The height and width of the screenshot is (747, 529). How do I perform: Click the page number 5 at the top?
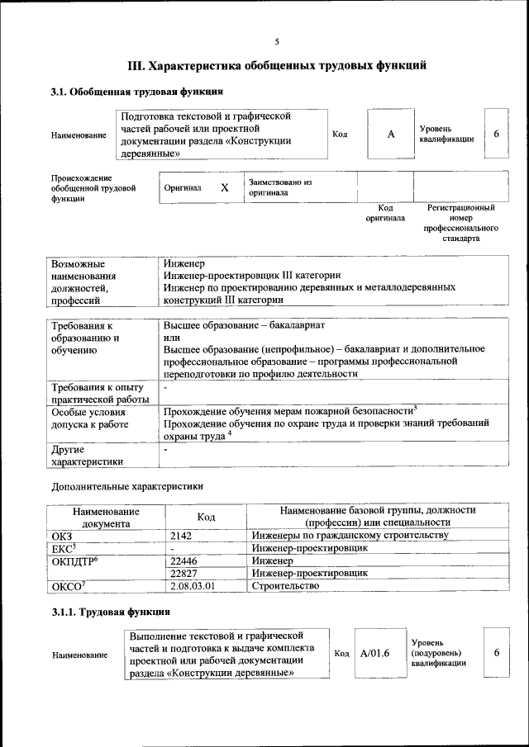coord(277,42)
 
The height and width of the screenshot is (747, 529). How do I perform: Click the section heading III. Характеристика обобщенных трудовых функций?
coord(277,65)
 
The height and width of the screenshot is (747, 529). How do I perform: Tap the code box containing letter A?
coord(391,134)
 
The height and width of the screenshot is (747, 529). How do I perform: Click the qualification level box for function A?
coord(496,134)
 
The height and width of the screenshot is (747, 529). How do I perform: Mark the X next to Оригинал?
coord(224,187)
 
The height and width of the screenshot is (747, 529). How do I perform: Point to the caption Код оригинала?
coord(385,213)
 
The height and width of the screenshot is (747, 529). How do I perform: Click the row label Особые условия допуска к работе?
coord(90,418)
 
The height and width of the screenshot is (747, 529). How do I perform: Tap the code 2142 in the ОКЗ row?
coord(181,535)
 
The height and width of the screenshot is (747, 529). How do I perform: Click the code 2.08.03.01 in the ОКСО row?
coord(193,585)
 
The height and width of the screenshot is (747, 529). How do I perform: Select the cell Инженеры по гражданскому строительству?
coord(350,535)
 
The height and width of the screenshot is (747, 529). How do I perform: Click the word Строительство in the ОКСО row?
coord(285,585)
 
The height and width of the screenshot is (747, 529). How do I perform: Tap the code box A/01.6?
coord(374,653)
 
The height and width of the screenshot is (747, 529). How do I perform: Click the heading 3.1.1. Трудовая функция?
coord(111,612)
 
